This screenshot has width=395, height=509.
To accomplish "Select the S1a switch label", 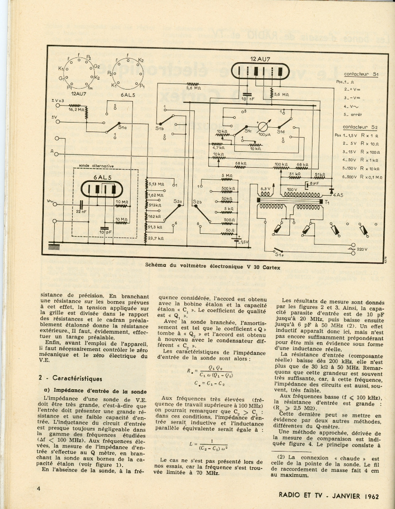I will click(122, 127).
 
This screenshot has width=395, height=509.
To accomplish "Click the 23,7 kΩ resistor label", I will click(157, 238).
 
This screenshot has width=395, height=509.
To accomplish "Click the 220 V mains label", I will click(362, 249).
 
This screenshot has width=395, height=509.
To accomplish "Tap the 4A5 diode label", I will click(338, 195).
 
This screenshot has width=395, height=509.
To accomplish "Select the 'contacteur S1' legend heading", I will click(361, 74).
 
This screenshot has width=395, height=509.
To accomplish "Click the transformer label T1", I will click(327, 201).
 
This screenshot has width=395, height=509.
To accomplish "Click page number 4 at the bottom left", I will click(38, 489).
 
